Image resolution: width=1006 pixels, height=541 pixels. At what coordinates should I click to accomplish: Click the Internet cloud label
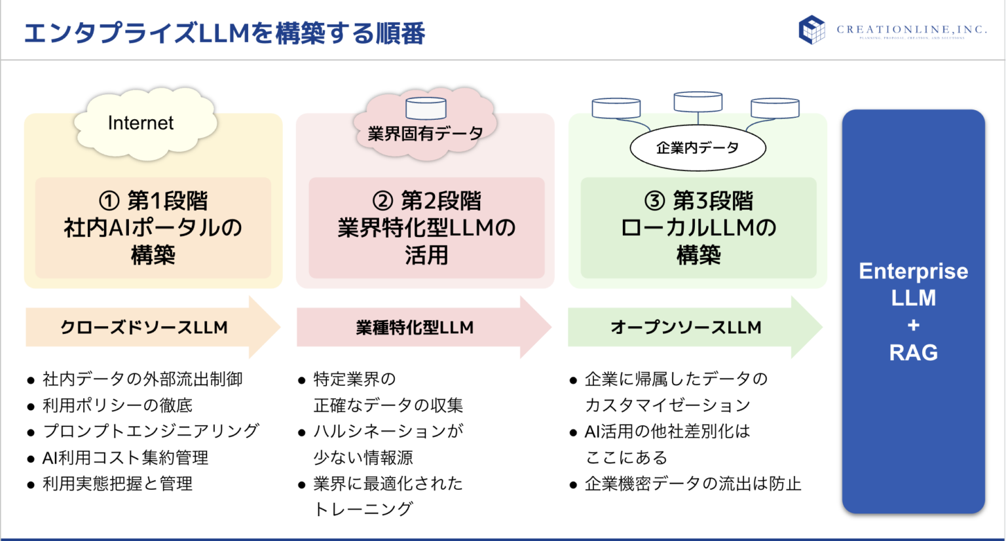tap(141, 123)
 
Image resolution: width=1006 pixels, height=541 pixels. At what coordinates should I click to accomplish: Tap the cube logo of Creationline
tap(811, 29)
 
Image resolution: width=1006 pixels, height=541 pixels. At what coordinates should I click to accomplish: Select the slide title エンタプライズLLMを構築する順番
tap(225, 33)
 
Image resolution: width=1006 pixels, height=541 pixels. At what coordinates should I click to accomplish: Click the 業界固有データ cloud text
tap(425, 134)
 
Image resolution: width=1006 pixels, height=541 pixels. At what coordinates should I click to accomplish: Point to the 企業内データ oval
tap(698, 148)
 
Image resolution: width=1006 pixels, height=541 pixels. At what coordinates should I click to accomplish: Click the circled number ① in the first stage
tap(109, 201)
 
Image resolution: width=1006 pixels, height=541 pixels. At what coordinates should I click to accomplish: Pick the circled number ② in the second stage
tap(382, 201)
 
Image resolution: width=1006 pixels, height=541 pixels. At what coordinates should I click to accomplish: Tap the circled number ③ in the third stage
tap(654, 201)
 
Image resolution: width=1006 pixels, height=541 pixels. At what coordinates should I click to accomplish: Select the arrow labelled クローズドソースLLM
tap(144, 327)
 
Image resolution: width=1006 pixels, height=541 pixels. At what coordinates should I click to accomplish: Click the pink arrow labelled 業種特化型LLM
tap(415, 327)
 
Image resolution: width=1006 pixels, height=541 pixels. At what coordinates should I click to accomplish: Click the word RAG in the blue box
tap(913, 353)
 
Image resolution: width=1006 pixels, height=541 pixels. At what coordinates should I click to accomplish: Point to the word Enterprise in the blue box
tap(913, 271)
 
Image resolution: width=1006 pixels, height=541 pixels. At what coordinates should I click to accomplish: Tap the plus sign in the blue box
tap(913, 326)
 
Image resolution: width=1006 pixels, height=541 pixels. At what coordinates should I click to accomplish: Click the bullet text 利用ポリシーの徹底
tap(118, 405)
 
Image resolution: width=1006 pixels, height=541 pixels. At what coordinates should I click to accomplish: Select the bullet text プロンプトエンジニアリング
tap(151, 431)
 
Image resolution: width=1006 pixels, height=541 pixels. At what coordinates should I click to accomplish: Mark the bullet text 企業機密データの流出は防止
tap(693, 484)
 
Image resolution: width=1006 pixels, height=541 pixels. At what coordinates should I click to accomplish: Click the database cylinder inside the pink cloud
tap(426, 108)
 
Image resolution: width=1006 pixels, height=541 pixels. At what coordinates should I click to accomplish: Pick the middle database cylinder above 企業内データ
tap(698, 102)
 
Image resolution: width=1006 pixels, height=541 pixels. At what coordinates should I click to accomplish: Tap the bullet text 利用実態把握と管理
tap(118, 484)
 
